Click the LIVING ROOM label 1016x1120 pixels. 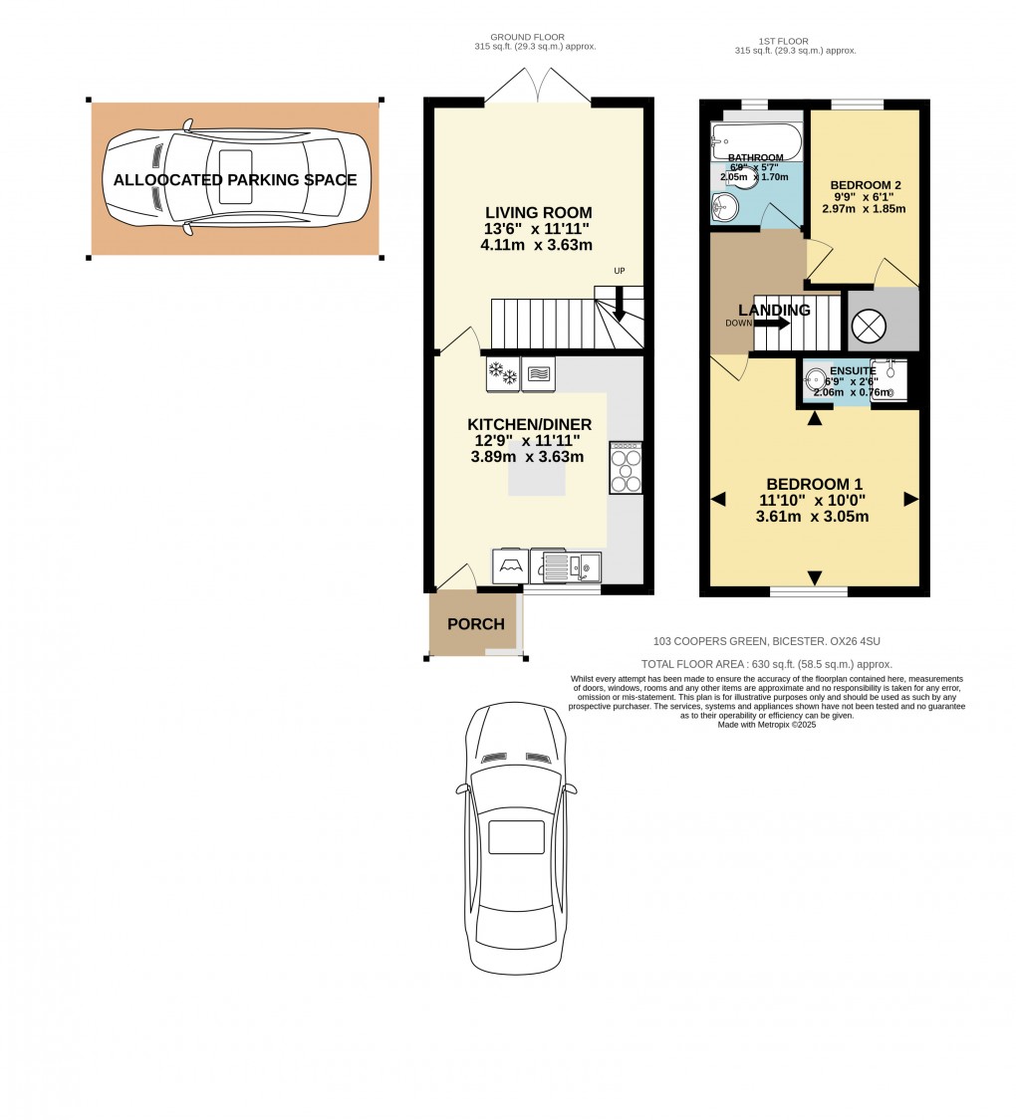(538, 212)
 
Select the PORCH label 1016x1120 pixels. (475, 624)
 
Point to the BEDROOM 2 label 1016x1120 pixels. (866, 185)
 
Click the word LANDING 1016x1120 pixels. (774, 310)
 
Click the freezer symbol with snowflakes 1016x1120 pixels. (502, 374)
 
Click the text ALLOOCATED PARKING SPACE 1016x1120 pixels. (235, 180)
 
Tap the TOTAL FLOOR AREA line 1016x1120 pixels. (767, 664)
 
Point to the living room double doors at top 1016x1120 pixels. (538, 87)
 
